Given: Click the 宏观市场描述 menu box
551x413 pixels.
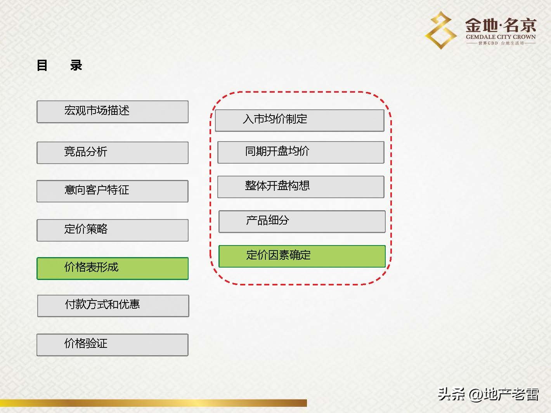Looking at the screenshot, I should (113, 112).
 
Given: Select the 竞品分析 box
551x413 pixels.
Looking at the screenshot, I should (113, 152).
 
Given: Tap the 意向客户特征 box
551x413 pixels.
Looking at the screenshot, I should (113, 191).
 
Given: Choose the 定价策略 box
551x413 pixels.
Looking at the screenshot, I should (113, 230).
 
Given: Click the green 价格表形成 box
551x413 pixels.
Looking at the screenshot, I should (113, 268).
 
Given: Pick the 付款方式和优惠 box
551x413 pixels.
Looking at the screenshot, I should (113, 306).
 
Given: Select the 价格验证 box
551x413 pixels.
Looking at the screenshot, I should (113, 344).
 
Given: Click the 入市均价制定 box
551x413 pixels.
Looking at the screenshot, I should (300, 120).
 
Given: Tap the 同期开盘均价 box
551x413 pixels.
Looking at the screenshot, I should (301, 152).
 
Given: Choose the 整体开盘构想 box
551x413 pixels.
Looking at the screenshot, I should (301, 187).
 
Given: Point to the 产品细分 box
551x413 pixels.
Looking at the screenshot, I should (302, 221).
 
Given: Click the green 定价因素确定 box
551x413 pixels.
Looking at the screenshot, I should (302, 256).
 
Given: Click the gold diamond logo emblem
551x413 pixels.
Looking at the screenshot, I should (441, 30).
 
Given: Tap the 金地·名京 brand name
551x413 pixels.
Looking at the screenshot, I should (501, 26).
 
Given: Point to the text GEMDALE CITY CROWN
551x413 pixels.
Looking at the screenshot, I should (501, 37).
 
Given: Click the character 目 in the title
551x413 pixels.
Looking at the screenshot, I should (42, 65).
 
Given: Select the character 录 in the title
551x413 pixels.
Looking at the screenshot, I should (76, 65).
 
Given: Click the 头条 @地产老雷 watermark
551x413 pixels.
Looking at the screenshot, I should (488, 394).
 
